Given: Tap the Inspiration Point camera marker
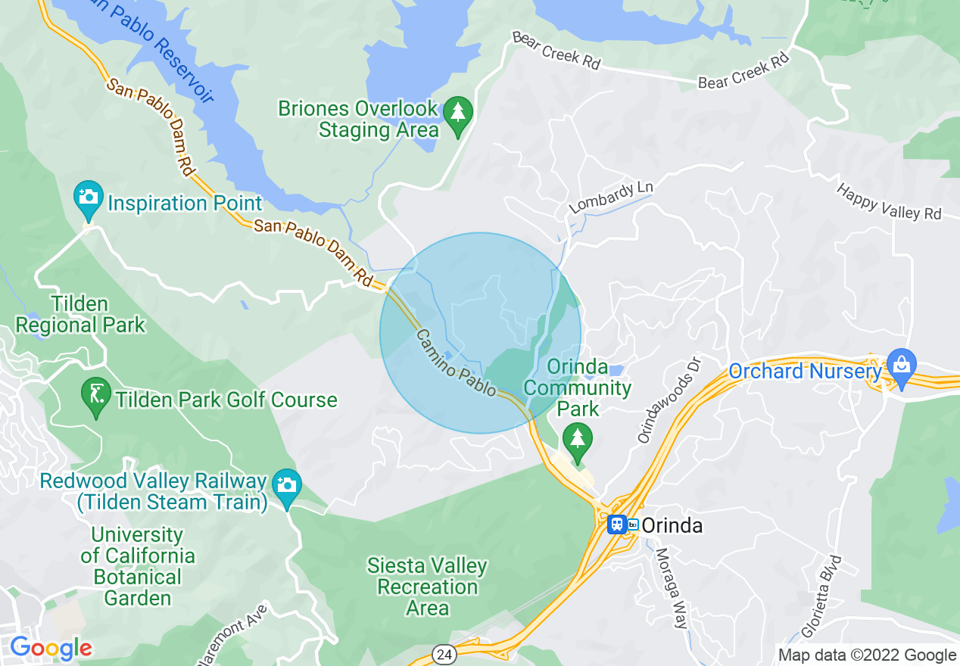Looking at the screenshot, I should click(89, 197).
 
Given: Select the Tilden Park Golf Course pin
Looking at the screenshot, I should click(96, 394).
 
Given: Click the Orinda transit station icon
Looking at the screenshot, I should click(617, 524).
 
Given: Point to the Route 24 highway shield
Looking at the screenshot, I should click(443, 652).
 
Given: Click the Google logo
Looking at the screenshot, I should click(51, 648).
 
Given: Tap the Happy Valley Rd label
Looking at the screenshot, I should click(889, 201).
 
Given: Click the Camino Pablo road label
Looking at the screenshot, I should click(456, 363).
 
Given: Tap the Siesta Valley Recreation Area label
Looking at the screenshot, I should click(427, 587).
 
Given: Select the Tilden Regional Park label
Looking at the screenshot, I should click(80, 315).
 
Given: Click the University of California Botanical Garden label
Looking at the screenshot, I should click(138, 566).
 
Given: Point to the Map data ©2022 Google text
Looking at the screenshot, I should click(868, 655).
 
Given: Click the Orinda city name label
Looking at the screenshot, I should click(672, 525).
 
